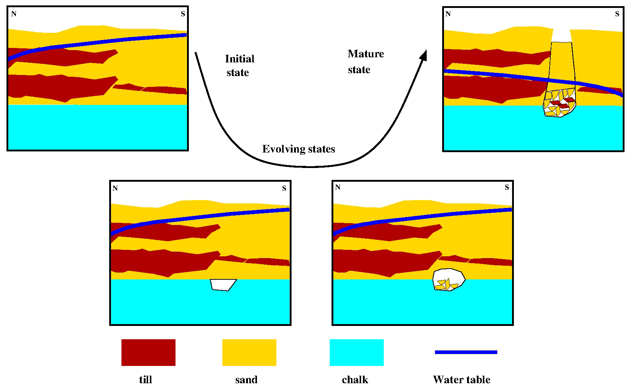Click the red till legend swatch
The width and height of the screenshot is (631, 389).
[x=148, y=352]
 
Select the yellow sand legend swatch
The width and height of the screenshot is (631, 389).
[x=249, y=352]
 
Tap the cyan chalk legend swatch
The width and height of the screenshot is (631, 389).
[x=356, y=352]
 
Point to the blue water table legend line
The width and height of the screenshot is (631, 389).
[x=466, y=352]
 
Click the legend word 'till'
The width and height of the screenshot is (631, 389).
[x=146, y=380]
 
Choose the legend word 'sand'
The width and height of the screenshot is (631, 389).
[x=246, y=380]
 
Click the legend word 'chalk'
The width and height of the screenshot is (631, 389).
[x=355, y=380]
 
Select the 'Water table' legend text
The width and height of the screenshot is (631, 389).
[x=461, y=380]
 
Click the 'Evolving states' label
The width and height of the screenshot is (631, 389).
[x=298, y=149]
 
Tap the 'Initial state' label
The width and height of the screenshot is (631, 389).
[x=239, y=66]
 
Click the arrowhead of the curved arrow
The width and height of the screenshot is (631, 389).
[x=424, y=55]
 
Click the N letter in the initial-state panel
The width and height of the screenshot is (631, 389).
[x=14, y=14]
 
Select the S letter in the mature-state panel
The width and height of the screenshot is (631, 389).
[x=617, y=14]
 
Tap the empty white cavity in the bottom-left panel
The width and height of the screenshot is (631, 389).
[x=223, y=284]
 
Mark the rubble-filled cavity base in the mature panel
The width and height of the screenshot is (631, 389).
[x=559, y=103]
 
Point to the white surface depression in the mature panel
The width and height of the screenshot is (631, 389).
[x=561, y=35]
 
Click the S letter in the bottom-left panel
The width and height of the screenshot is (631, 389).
[x=284, y=188]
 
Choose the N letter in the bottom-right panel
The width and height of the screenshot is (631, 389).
[x=337, y=187]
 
